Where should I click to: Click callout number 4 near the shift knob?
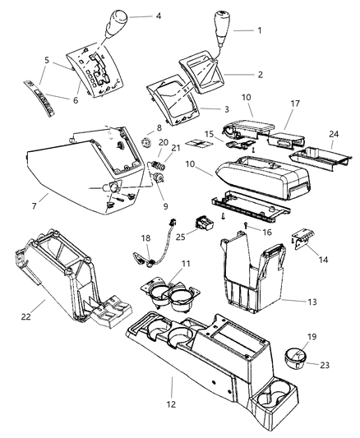coord(158,16)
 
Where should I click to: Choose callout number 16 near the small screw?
coord(266,233)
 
